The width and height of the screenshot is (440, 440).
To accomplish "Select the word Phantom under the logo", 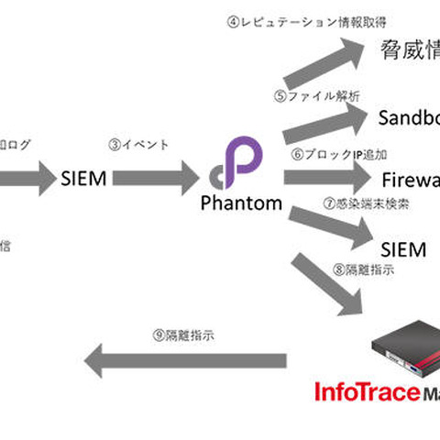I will (242, 203).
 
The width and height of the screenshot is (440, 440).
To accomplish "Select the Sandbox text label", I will (409, 117).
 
